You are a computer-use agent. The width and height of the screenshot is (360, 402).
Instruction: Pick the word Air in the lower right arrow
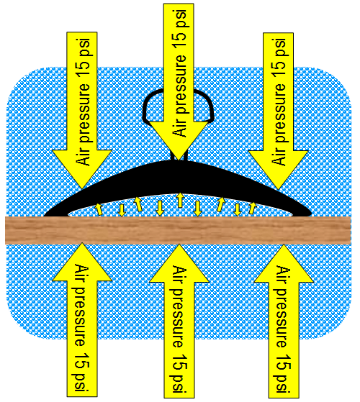tap(283, 275)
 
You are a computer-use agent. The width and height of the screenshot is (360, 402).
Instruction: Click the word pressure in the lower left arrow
tap(82, 317)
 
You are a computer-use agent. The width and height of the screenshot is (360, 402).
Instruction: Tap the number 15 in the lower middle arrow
tap(179, 362)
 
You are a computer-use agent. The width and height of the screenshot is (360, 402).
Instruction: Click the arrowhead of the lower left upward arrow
tap(82, 262)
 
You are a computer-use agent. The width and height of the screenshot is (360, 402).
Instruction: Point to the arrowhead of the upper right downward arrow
tap(279, 170)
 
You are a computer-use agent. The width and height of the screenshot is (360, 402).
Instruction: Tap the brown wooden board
tap(178, 230)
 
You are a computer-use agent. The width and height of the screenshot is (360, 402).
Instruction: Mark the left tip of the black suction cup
tap(44, 215)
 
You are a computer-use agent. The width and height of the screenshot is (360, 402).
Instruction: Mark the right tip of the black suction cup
tap(311, 214)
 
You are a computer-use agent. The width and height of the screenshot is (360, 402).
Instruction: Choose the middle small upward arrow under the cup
tap(180, 200)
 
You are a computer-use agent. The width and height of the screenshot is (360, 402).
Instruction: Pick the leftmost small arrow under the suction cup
tap(99, 209)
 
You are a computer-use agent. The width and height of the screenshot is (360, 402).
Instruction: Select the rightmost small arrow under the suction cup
tap(253, 208)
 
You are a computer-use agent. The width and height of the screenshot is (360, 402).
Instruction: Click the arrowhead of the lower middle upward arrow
tap(179, 263)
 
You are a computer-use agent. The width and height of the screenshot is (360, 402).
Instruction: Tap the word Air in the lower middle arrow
tap(179, 275)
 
